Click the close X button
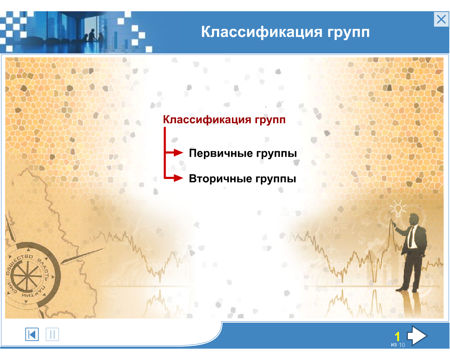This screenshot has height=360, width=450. tap(441, 19)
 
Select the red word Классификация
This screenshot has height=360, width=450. tap(207, 120)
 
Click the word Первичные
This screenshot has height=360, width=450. tap(221, 153)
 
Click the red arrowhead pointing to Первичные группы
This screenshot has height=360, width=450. tap(178, 153)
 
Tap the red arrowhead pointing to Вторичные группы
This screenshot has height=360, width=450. tap(178, 178)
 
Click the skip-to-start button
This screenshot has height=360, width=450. tap(32, 334)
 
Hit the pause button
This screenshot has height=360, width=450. tap(52, 334)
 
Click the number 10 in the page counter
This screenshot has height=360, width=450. tap(402, 345)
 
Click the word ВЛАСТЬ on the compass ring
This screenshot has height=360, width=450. tap(43, 269)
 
